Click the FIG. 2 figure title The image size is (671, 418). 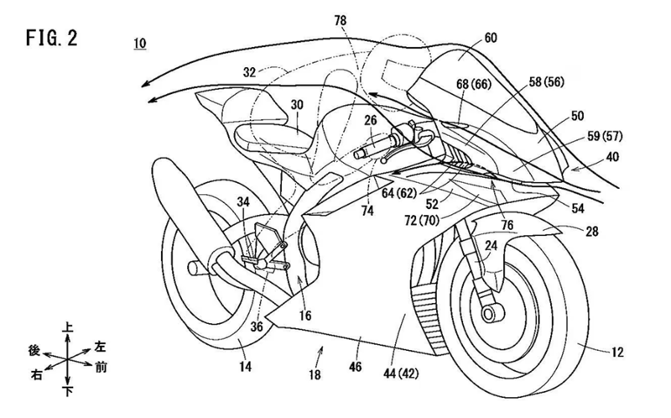tap(53, 39)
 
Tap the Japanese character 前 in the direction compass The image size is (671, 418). tap(100, 367)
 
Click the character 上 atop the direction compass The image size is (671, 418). tap(66, 321)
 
